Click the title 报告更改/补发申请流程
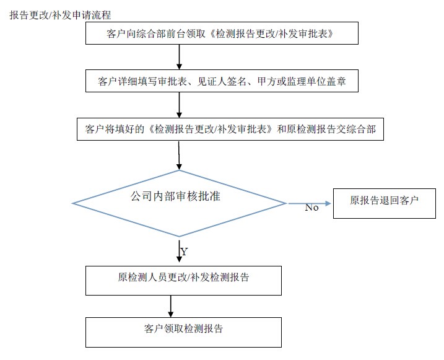tap(60, 15)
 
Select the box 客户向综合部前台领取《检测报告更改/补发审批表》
tap(222, 33)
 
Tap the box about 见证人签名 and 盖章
tap(222, 81)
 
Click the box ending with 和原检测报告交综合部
tap(230, 129)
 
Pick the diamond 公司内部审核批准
tap(179, 203)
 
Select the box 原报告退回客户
tap(385, 203)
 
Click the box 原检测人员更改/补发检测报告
tap(183, 281)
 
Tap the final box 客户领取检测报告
tap(183, 332)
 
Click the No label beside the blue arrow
tap(311, 208)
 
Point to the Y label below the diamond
tap(184, 252)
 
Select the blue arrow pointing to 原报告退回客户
tap(310, 203)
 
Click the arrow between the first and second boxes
tap(179, 57)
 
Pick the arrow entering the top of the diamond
tap(179, 156)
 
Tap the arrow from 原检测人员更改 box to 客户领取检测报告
tap(170, 306)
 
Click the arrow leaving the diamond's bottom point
tap(179, 251)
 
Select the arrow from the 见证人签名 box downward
tap(179, 105)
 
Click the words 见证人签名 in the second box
tap(222, 81)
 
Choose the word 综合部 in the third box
tap(361, 129)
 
